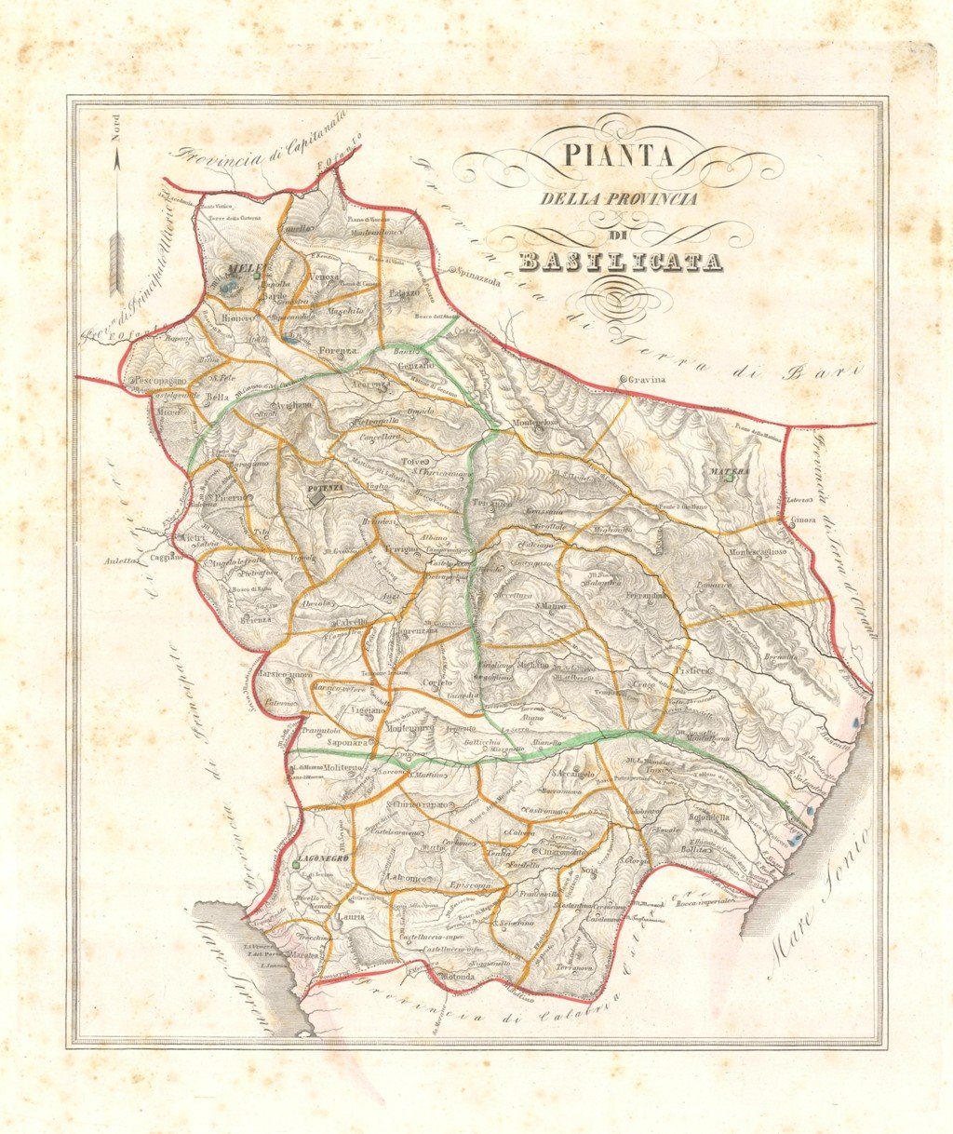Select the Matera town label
coord(730,472)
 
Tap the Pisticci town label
coord(693,670)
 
